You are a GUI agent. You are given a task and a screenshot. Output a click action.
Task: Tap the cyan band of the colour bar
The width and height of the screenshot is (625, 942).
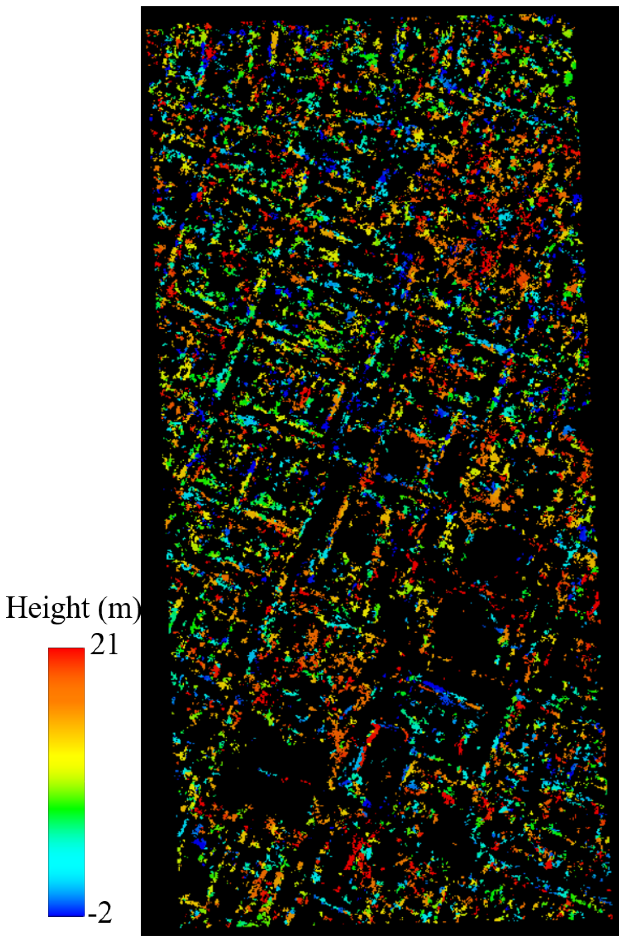pos(66,860)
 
